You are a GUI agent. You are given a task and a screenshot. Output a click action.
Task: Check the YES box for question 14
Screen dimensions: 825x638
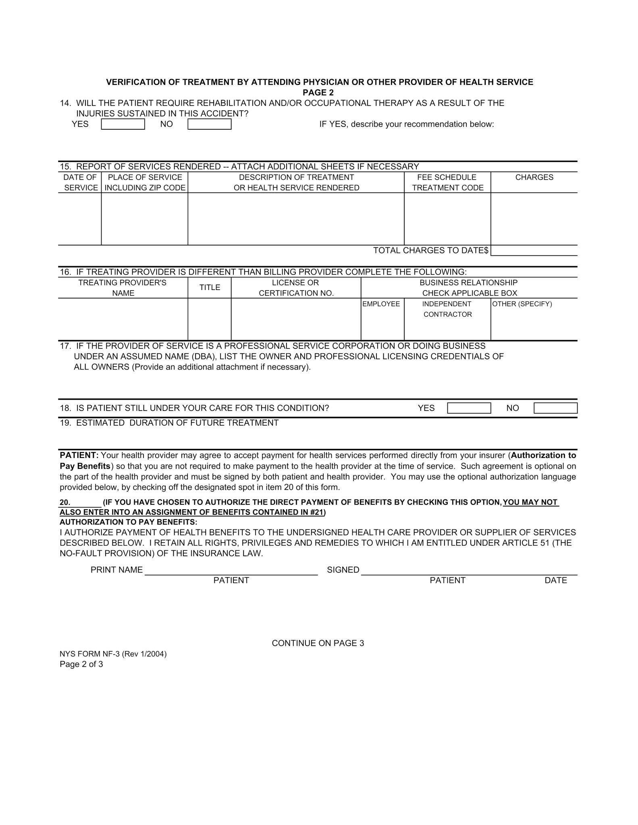[123, 124]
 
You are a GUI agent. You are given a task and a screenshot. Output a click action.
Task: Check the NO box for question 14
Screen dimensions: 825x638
[210, 124]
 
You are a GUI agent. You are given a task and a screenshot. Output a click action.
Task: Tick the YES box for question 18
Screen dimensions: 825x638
[469, 408]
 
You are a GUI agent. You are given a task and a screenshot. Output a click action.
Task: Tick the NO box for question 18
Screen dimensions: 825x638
[555, 408]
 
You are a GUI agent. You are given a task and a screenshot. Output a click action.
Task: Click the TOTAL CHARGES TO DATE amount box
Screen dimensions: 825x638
[534, 251]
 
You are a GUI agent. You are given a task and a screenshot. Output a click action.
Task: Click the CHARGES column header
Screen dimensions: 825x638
[534, 177]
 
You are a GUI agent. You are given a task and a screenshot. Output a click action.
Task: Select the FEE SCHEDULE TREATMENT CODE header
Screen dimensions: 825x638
[447, 182]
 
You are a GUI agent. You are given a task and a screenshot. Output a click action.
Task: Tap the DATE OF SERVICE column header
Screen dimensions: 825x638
[80, 182]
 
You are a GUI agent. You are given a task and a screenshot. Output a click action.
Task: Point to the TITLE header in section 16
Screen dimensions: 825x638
[210, 288]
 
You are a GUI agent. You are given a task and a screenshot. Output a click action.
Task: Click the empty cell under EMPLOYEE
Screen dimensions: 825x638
[382, 324]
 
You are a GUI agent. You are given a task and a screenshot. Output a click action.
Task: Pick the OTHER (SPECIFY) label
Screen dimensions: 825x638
[522, 304]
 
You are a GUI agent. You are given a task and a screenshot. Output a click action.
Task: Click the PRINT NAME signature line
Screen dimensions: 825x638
[231, 571]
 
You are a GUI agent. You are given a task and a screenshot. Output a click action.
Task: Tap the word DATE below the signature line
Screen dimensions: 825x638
[555, 580]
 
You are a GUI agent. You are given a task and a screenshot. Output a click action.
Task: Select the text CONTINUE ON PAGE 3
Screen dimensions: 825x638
[318, 643]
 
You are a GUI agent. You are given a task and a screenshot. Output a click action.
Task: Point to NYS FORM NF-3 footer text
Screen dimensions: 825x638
[113, 654]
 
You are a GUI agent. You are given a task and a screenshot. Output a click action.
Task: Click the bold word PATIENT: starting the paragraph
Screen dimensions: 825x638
[79, 456]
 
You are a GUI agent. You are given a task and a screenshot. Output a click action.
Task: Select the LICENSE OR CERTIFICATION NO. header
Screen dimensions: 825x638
[296, 288]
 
